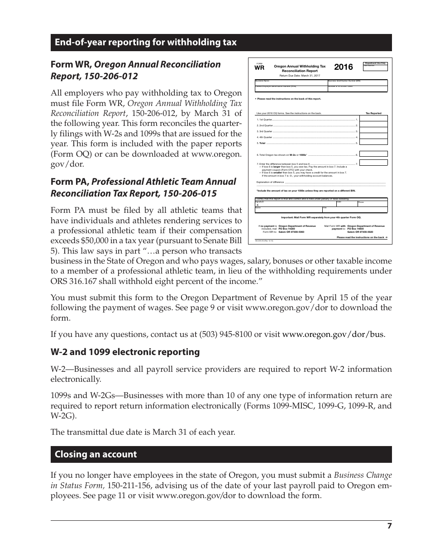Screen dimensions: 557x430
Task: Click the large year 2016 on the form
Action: point(343,67)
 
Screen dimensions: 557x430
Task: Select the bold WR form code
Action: point(259,68)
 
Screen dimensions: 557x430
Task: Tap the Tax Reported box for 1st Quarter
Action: point(374,119)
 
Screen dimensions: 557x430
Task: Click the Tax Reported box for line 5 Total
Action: point(374,143)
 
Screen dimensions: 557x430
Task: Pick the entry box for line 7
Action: point(374,163)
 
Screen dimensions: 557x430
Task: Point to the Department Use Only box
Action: point(375,66)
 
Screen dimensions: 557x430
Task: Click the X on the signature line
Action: point(258,205)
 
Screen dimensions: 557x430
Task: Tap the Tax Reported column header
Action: point(373,113)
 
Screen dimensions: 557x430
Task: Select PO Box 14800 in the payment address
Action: point(358,229)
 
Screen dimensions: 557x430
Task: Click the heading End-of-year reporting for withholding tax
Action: point(145,43)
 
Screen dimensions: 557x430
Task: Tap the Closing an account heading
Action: point(96,454)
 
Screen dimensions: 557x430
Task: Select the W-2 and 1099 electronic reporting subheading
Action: point(125,352)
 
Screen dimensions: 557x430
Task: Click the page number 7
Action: point(389,526)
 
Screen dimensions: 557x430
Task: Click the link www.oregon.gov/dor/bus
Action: point(333,335)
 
